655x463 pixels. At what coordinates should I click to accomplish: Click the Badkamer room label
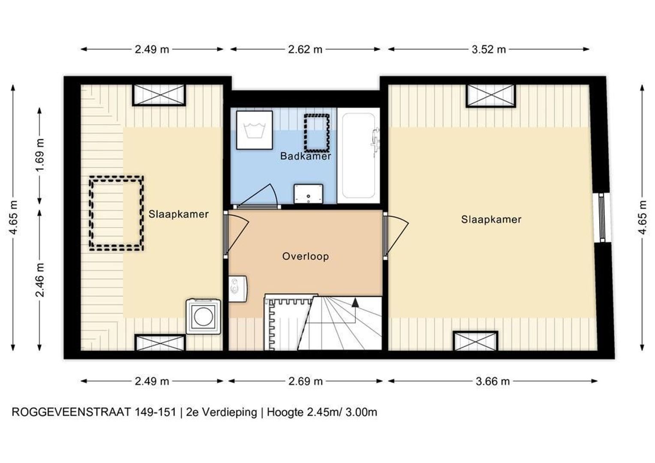306,156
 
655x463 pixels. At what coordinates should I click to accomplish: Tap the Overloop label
306,256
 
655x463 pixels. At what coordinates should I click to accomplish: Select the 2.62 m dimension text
305,49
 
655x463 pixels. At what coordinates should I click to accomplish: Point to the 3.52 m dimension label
489,49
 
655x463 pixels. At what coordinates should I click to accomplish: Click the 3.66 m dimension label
493,382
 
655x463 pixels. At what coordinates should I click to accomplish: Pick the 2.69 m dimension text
306,382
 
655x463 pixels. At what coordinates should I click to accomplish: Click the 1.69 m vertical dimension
40,155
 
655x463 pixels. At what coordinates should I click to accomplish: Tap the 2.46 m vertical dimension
40,280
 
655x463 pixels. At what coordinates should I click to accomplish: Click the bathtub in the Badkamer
358,156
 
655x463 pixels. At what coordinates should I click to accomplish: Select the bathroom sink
309,194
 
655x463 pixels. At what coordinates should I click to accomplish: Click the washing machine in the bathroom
254,130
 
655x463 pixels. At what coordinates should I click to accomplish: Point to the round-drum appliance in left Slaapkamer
204,316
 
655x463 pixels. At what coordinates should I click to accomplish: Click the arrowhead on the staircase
355,303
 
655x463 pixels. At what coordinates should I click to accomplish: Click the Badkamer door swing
257,196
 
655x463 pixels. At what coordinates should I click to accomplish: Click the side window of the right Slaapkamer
601,217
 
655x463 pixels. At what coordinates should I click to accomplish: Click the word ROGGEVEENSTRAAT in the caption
71,412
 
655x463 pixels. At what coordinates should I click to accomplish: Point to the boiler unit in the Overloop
238,289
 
